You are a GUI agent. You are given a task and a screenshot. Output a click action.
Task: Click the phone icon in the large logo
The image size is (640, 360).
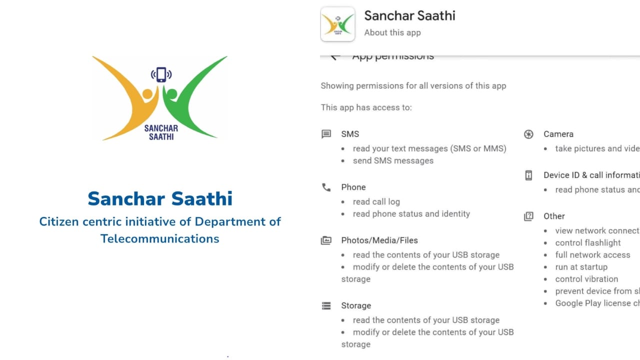[x=161, y=74]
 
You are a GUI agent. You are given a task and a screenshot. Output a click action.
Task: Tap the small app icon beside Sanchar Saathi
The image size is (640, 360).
[x=337, y=23]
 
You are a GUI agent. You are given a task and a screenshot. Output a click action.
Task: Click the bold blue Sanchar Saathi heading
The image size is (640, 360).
[x=160, y=198]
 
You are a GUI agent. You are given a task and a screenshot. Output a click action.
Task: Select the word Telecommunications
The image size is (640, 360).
[x=160, y=238]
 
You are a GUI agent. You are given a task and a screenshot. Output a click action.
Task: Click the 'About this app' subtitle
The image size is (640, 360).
[x=392, y=32]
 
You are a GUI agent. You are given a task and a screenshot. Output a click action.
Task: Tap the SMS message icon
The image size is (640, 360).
[x=326, y=134]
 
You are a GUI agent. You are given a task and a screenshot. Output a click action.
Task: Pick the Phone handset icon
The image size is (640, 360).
[x=326, y=187]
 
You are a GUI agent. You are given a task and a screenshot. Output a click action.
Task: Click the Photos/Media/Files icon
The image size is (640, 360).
[x=326, y=240]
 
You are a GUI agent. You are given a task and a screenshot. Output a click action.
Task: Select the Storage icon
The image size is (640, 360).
[x=326, y=305]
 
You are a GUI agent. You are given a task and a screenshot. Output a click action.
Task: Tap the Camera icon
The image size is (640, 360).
[x=528, y=134]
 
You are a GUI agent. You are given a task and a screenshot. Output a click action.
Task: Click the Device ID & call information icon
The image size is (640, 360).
[x=528, y=175]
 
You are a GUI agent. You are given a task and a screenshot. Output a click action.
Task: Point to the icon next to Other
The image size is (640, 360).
[x=528, y=216]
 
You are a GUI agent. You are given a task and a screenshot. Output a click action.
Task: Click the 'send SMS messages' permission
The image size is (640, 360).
[x=393, y=160]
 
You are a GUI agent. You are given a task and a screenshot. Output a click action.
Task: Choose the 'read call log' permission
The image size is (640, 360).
[x=376, y=201]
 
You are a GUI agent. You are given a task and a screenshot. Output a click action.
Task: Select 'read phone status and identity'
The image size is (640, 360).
[x=411, y=213]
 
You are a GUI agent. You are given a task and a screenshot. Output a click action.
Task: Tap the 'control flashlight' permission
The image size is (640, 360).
[x=588, y=242]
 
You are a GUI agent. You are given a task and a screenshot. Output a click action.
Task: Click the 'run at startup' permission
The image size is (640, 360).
[x=581, y=267]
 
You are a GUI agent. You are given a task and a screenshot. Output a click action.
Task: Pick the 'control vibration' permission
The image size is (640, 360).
[x=586, y=279]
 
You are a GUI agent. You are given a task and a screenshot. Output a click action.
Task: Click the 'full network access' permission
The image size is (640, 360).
[x=592, y=254]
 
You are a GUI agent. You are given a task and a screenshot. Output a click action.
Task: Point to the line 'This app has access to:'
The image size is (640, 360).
[x=366, y=107]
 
